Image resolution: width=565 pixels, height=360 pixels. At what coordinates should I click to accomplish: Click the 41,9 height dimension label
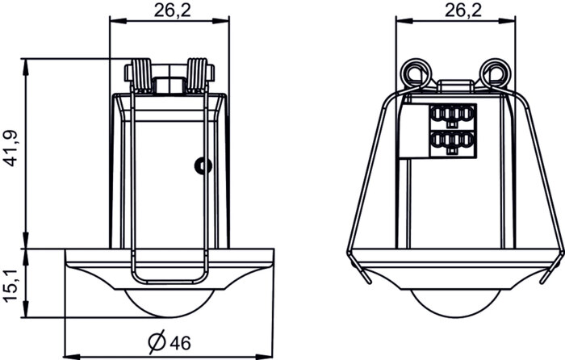[11, 149]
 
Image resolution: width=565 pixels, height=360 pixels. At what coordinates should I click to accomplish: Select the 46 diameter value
[180, 343]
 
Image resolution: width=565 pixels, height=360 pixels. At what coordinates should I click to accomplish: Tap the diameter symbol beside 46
[157, 341]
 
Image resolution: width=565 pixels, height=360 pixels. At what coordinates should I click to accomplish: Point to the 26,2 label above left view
[172, 10]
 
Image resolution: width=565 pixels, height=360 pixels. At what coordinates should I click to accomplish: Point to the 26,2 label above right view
[463, 10]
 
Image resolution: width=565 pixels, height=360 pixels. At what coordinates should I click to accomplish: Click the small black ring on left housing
[203, 165]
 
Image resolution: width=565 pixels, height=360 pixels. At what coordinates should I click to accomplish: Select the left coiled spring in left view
[141, 76]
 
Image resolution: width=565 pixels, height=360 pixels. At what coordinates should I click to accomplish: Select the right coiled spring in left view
[198, 76]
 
